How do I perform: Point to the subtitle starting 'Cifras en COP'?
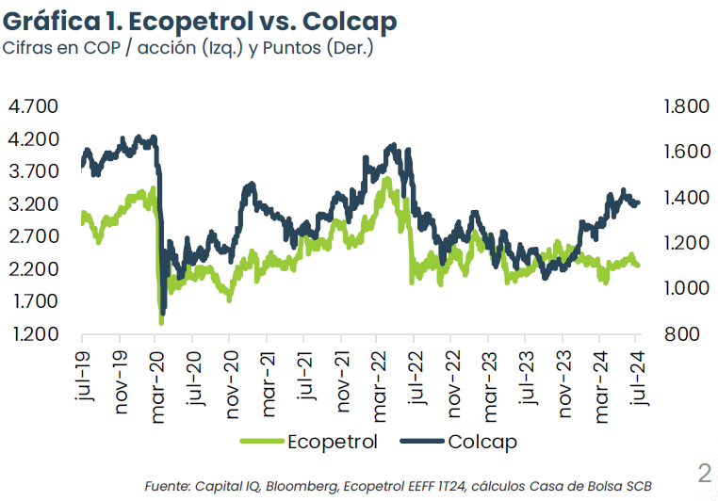[x=188, y=48]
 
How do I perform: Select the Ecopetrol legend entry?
[x=310, y=441]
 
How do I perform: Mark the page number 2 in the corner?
[x=704, y=472]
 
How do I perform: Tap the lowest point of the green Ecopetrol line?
[x=161, y=322]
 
